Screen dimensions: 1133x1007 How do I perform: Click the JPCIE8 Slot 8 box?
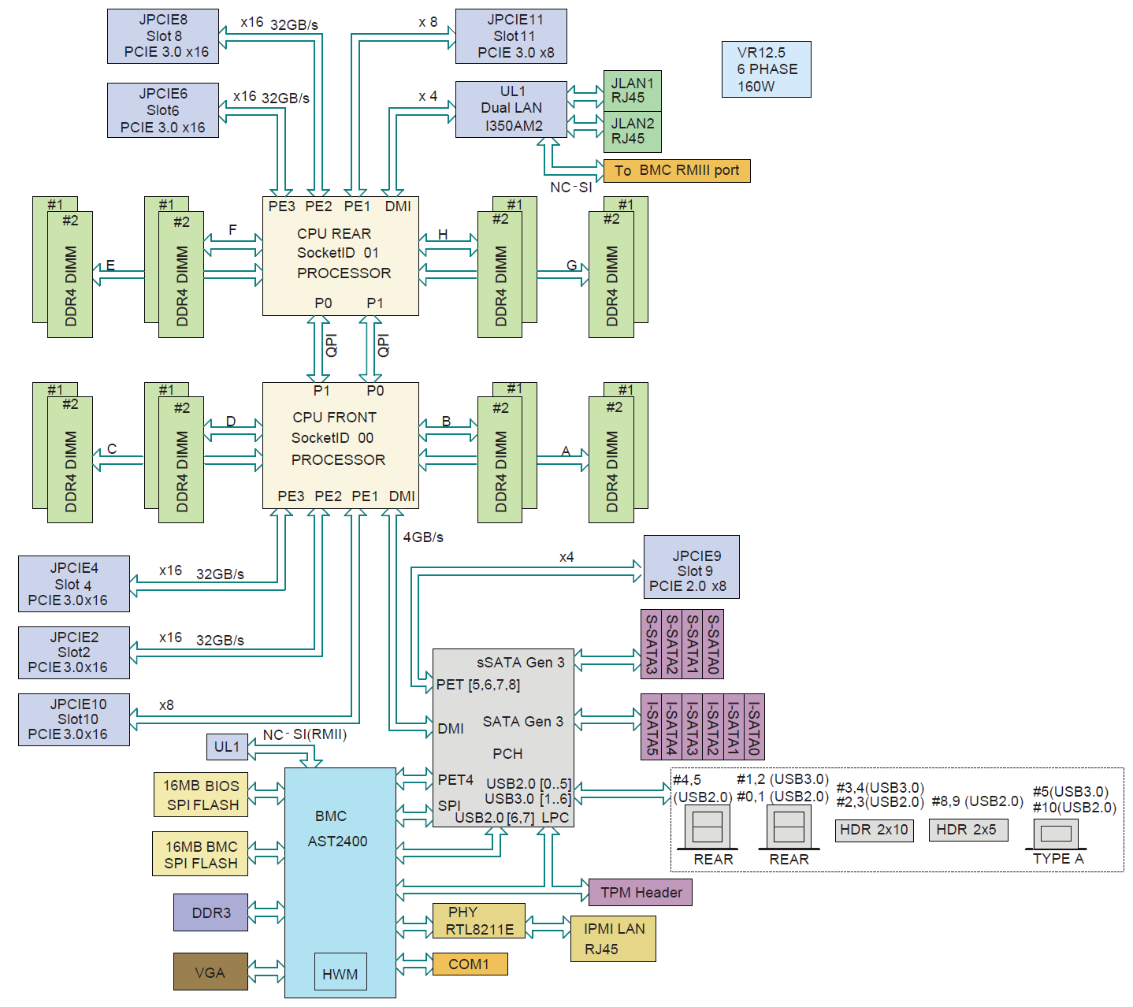pyautogui.click(x=163, y=36)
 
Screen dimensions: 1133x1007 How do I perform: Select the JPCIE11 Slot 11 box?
pyautogui.click(x=511, y=36)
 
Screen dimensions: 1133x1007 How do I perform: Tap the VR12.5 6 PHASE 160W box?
pyautogui.click(x=766, y=69)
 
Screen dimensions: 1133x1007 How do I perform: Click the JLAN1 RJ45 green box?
pyautogui.click(x=633, y=91)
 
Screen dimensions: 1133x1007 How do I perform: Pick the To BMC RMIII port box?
pyautogui.click(x=678, y=171)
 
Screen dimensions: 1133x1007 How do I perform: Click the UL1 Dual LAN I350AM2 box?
pyautogui.click(x=511, y=109)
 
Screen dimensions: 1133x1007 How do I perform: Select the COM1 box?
pyautogui.click(x=470, y=964)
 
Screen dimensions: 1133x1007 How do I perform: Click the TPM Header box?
pyautogui.click(x=641, y=892)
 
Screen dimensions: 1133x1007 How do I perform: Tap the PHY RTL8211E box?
pyautogui.click(x=479, y=921)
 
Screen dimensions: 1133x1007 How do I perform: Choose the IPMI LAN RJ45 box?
pyautogui.click(x=613, y=938)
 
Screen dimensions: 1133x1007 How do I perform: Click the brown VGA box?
pyautogui.click(x=210, y=972)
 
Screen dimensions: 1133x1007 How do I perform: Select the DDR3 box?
pyautogui.click(x=210, y=912)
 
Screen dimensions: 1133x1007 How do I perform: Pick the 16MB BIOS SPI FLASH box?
pyautogui.click(x=201, y=795)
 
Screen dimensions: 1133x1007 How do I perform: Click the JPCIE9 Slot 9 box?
pyautogui.click(x=691, y=567)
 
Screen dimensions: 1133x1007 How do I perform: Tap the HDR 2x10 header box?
pyautogui.click(x=874, y=830)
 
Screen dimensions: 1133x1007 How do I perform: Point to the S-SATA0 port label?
pyautogui.click(x=713, y=644)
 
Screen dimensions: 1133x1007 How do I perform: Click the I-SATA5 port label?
pyautogui.click(x=652, y=726)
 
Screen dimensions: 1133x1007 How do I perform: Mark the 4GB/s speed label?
pyautogui.click(x=423, y=537)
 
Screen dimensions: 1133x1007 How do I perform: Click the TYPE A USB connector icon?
pyautogui.click(x=1056, y=834)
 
